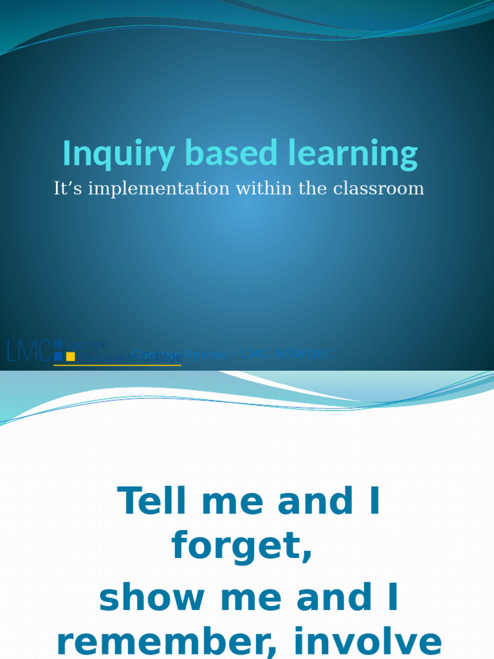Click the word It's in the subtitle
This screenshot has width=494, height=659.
[68, 189]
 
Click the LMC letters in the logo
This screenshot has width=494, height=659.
[28, 351]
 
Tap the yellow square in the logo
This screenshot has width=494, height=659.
[71, 357]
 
